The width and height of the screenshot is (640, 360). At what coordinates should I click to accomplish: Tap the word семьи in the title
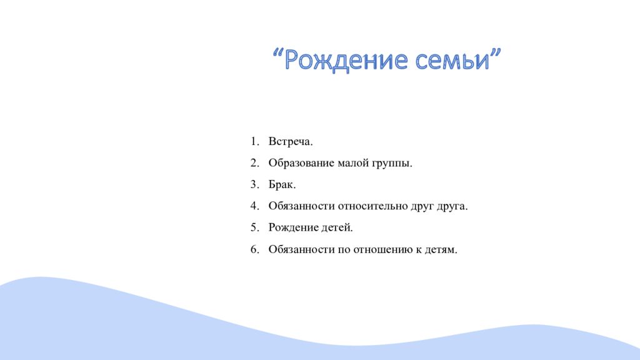459,61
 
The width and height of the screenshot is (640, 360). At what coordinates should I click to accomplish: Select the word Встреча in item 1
290,142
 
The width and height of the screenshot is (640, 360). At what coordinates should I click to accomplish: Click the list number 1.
254,142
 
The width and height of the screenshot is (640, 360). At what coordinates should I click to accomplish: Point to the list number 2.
254,163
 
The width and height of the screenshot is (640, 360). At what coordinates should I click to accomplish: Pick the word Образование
301,163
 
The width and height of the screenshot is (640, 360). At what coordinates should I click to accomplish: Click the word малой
354,163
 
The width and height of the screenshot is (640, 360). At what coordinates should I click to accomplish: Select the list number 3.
254,185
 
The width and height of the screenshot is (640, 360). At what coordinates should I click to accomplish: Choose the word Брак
282,185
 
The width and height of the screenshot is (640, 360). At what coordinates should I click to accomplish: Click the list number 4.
254,206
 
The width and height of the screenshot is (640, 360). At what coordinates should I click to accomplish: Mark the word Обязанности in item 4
301,206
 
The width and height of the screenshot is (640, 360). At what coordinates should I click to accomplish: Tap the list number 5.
254,228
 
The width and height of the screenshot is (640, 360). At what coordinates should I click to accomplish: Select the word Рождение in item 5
294,228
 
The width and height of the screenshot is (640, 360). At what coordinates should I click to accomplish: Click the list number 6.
254,249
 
